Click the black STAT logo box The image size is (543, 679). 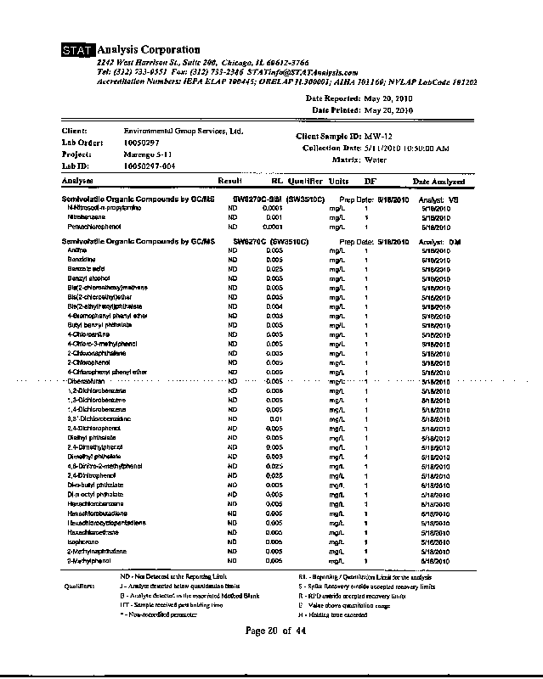[78, 51]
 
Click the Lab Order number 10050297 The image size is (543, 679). [141, 143]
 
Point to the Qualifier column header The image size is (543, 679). [304, 182]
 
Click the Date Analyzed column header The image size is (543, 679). [438, 182]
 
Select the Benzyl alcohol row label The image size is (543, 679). [88, 278]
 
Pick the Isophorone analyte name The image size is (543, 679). [83, 541]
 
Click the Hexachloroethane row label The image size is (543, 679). [92, 531]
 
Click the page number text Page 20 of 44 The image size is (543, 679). [280, 630]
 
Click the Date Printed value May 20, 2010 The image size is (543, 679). [387, 110]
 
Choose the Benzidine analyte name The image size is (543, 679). [82, 260]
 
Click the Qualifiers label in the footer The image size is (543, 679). [81, 586]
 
